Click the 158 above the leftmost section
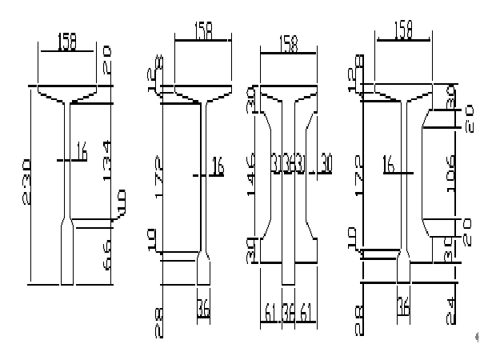point(67,42)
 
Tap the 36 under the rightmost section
point(402,306)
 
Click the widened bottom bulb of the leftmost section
point(67,254)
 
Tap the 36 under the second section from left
point(205,307)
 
